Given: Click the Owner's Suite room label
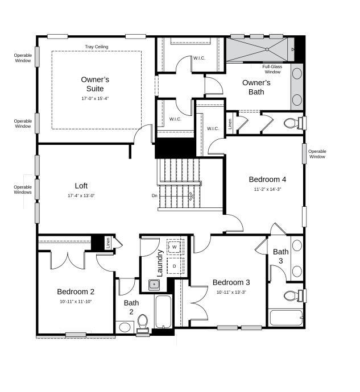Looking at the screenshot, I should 95,84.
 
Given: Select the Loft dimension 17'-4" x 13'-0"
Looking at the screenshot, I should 81,195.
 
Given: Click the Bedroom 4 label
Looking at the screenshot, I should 267,179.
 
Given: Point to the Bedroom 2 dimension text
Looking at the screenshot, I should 76,302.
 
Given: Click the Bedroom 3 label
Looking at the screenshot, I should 231,282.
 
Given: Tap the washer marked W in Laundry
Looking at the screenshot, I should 175,248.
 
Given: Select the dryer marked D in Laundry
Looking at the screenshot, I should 175,266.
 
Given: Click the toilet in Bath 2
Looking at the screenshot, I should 143,322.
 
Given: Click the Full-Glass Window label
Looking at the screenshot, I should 272,69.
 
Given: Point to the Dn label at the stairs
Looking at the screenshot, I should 154,195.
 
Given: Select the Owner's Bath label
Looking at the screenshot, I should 256,87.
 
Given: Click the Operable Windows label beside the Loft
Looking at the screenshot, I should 23,190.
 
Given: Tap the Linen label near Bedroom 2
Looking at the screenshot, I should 107,243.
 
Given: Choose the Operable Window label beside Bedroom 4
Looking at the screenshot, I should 317,154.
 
